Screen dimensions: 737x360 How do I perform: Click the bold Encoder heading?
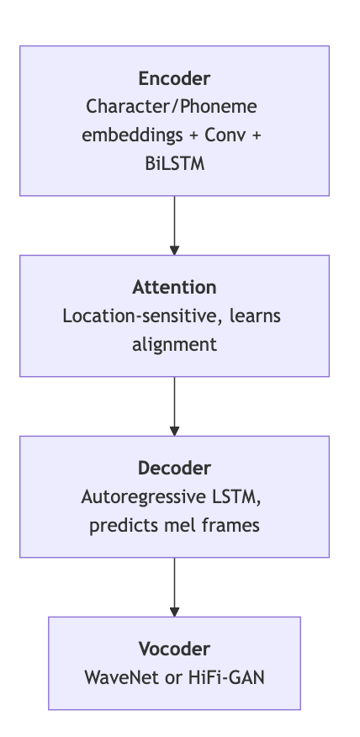174,79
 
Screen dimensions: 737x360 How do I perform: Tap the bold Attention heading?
174,288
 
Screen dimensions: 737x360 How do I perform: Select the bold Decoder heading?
174,468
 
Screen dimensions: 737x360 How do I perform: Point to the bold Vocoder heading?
174,649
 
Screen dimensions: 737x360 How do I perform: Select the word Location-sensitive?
134,316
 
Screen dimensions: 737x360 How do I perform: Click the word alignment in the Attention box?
174,344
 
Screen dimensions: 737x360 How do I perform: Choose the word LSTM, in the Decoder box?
243,496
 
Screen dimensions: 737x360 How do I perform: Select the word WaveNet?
119,676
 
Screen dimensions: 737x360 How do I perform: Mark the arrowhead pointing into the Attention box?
174,250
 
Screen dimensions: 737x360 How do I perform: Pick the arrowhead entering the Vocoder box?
174,612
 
